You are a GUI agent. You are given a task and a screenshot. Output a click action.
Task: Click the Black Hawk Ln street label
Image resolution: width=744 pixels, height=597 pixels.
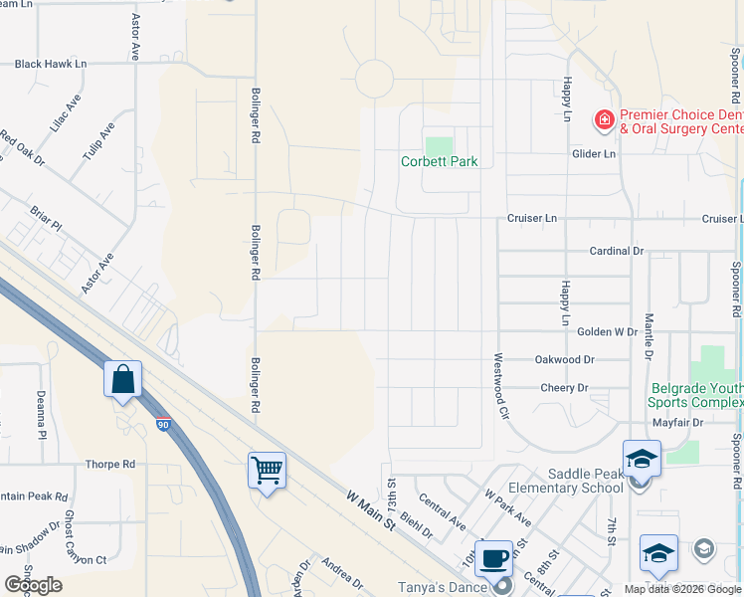click(x=51, y=64)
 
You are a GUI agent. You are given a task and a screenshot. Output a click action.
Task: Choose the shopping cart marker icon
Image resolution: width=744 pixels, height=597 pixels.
click(x=267, y=470)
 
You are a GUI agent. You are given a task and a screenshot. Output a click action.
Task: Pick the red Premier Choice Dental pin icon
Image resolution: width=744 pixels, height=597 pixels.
click(x=604, y=120)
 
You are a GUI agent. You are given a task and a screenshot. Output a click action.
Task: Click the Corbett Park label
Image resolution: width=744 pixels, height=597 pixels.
click(x=440, y=161)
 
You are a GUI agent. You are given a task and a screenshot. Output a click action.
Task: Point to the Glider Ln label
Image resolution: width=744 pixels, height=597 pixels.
click(x=594, y=153)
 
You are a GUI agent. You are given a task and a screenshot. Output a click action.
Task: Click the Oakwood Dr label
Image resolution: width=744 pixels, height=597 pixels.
click(x=564, y=359)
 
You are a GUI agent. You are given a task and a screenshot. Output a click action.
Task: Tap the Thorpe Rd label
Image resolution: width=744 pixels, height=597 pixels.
click(x=109, y=465)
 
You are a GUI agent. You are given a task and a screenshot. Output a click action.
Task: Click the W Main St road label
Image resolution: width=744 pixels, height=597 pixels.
click(x=371, y=508)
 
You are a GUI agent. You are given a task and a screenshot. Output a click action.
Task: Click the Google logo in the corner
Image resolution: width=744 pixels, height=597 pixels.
click(x=33, y=585)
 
